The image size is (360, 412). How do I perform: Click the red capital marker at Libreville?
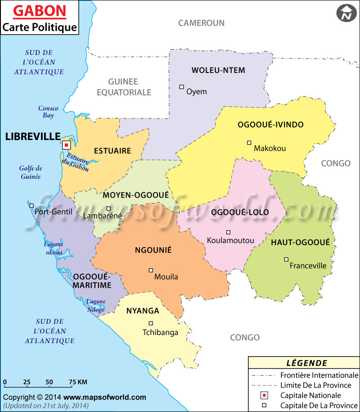click(66, 145)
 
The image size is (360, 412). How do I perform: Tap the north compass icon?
click(345, 13)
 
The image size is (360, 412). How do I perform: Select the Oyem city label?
click(197, 92)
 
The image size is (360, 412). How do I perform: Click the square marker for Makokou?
click(249, 143)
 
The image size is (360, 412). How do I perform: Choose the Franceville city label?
click(308, 266)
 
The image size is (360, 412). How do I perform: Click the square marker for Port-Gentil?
click(31, 205)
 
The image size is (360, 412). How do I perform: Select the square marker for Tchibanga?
click(151, 323)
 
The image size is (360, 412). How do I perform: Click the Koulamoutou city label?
click(230, 240)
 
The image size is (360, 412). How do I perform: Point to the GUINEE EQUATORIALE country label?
click(130, 87)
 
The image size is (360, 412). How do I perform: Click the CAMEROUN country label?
click(201, 23)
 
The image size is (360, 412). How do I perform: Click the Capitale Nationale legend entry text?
click(310, 395)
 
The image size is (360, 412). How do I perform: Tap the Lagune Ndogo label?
click(95, 306)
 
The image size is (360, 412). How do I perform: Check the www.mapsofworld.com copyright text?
click(104, 397)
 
